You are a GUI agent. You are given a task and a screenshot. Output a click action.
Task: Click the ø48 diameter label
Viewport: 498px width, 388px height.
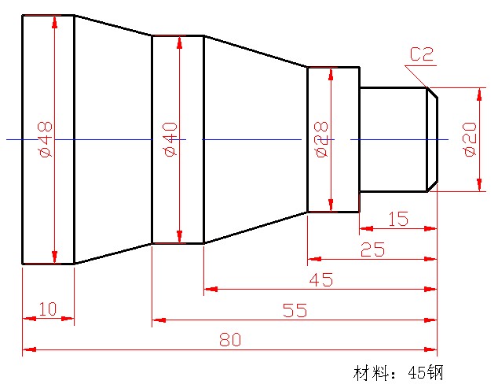pyautogui.click(x=45, y=139)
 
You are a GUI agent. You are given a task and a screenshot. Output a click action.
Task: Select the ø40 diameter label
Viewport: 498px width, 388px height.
pyautogui.click(x=171, y=139)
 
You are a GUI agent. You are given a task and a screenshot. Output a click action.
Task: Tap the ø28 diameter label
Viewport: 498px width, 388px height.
pyautogui.click(x=321, y=139)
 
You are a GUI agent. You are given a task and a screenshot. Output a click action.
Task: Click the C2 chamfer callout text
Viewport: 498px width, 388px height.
pyautogui.click(x=422, y=54)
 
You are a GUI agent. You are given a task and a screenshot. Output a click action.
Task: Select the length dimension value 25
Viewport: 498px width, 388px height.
pyautogui.click(x=372, y=249)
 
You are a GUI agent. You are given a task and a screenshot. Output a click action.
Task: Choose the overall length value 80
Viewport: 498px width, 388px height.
pyautogui.click(x=229, y=339)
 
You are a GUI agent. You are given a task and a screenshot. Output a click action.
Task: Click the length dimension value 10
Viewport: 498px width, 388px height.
pyautogui.click(x=47, y=309)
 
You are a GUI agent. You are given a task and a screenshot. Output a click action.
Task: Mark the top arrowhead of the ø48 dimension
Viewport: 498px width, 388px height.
pyautogui.click(x=53, y=21)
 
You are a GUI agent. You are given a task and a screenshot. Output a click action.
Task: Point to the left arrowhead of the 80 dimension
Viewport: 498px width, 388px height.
pyautogui.click(x=28, y=349)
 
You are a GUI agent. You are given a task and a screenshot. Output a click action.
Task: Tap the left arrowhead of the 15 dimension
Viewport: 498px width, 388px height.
pyautogui.click(x=365, y=229)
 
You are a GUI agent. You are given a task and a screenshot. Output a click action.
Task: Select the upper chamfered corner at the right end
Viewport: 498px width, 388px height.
pyautogui.click(x=432, y=93)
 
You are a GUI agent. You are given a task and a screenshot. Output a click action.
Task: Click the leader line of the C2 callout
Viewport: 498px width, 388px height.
pyautogui.click(x=416, y=76)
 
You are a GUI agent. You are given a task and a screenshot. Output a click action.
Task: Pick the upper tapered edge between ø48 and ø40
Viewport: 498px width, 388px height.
pyautogui.click(x=112, y=25)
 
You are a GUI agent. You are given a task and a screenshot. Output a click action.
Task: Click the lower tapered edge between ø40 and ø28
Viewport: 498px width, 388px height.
pyautogui.click(x=255, y=227)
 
